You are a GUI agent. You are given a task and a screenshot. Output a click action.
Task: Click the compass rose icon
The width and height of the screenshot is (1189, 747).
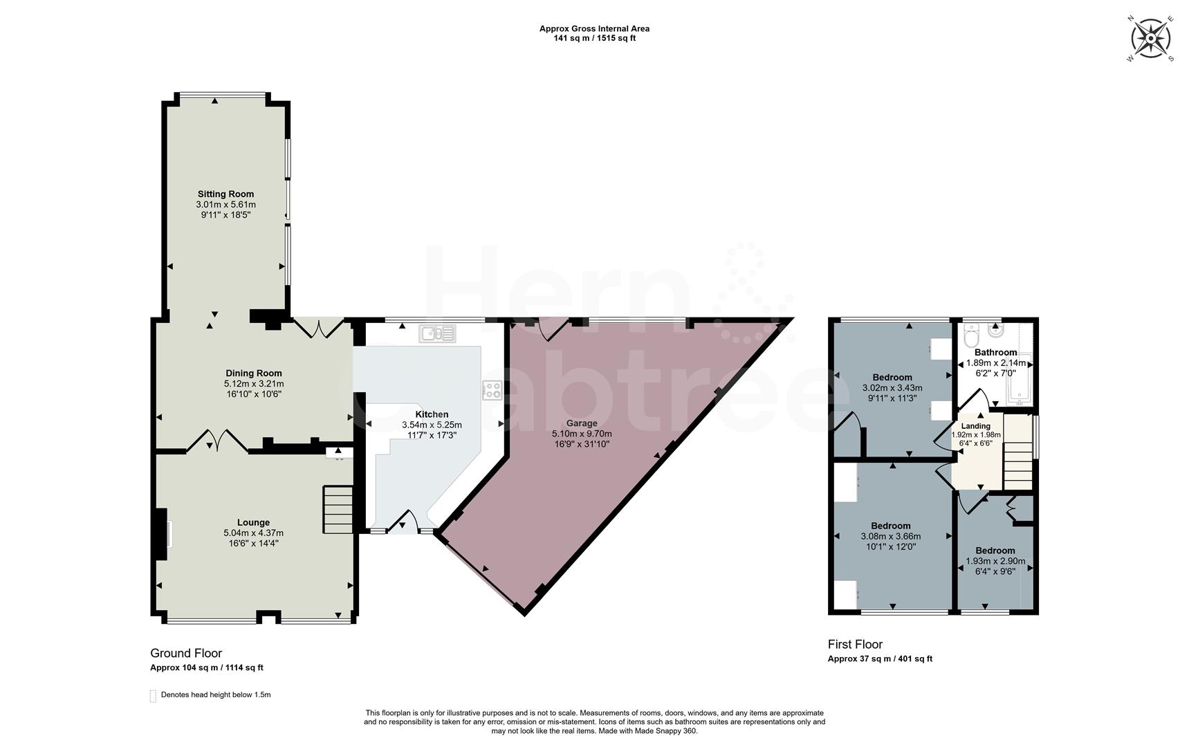[1150, 37]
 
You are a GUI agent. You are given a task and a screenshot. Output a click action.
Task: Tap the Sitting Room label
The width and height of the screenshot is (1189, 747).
[225, 194]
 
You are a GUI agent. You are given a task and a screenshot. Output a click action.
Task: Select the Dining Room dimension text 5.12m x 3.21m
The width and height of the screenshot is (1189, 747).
[254, 384]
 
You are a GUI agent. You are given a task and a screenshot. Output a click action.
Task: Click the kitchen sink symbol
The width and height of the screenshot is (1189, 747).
[437, 334]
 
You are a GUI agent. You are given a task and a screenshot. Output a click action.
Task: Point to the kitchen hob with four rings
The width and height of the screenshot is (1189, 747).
[492, 390]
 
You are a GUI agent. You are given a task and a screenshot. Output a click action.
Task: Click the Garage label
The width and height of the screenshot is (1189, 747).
[582, 423]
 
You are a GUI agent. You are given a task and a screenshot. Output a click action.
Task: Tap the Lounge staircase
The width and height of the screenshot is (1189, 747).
[338, 510]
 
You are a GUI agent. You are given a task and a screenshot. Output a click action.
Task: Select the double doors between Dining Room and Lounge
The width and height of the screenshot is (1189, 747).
[217, 441]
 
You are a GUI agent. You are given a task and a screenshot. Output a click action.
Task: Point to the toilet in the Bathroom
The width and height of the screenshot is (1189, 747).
[970, 338]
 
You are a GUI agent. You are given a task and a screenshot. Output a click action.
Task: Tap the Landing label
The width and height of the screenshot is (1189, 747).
[976, 426]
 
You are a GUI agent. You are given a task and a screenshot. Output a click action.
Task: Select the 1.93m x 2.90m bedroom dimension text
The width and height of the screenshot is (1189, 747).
[995, 562]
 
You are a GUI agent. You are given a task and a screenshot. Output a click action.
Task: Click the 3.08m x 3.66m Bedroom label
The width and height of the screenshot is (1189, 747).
[890, 526]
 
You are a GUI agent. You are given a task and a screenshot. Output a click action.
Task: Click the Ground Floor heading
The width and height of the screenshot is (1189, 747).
[186, 653]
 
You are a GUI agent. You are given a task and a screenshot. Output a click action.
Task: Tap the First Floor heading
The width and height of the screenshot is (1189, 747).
[855, 644]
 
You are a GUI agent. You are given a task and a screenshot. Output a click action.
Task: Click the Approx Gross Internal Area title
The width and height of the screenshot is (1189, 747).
[594, 28]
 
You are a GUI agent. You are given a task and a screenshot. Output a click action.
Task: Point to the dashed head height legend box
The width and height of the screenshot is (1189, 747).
[153, 695]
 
